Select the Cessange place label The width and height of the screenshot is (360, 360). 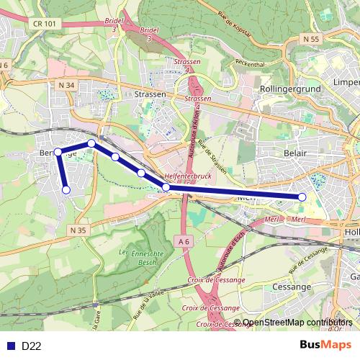pos(291,286)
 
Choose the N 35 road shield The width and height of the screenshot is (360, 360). pos(78,230)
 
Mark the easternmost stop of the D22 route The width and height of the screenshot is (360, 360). pos(302,197)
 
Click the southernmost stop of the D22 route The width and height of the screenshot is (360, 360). pos(66,190)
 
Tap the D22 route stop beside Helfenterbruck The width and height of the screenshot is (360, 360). pos(166,187)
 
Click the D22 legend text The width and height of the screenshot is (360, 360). pos(31,346)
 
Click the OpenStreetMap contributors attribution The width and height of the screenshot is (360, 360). pos(298,323)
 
